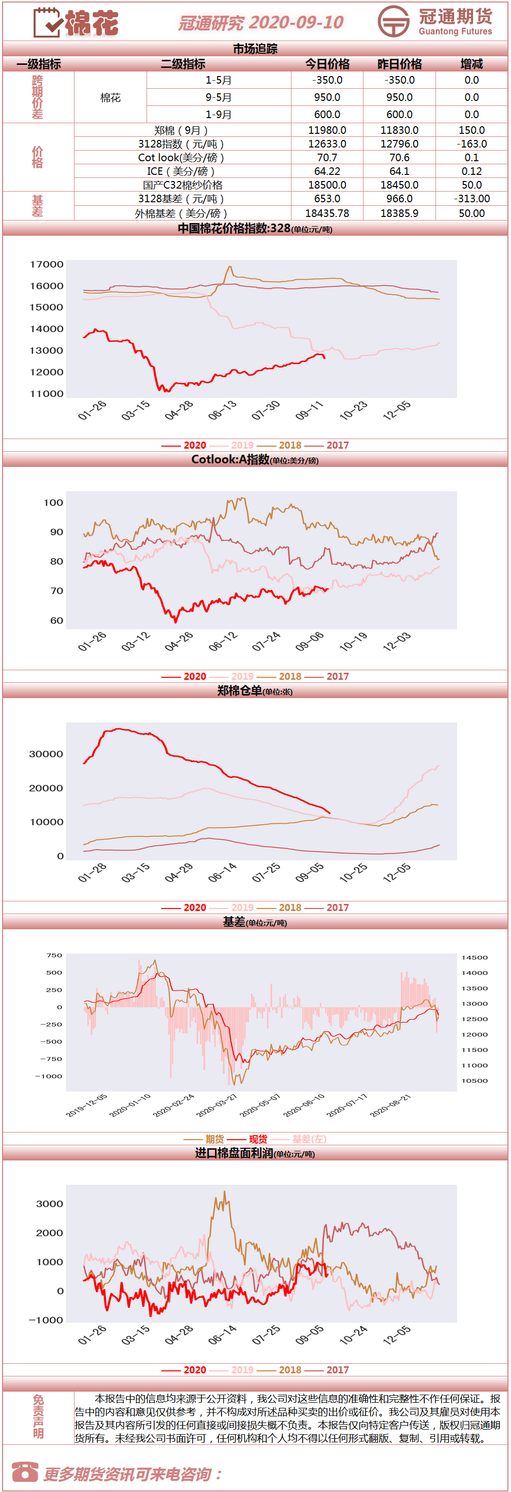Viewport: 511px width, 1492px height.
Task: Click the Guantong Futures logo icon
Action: pos(393,21)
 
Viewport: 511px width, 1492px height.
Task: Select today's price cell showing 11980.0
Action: pos(327,130)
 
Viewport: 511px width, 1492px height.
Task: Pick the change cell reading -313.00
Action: pos(471,199)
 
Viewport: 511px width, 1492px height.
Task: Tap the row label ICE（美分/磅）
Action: pos(182,171)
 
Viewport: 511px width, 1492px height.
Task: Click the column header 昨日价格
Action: pos(400,64)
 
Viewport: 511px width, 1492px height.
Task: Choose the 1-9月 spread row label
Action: pos(218,115)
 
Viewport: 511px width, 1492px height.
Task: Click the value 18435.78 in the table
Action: pos(327,213)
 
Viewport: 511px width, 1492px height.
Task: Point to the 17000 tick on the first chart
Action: pos(46,264)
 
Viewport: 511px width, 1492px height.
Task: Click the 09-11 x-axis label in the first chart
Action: pos(309,410)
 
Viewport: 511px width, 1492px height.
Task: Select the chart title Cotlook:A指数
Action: pos(231,459)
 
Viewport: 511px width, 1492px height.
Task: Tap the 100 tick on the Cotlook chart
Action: pos(53,502)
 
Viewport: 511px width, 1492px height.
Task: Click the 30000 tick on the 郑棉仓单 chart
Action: pos(46,753)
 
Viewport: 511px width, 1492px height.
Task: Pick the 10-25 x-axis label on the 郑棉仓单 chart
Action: pos(353,872)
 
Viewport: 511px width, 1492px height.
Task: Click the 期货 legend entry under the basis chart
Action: pos(215,1139)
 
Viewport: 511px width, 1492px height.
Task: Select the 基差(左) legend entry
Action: pos(309,1139)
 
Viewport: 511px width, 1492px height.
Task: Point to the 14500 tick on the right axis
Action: pos(474,958)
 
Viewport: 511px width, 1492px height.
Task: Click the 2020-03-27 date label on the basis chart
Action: pos(216,1105)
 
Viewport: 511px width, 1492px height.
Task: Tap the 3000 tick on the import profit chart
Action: pos(50,1204)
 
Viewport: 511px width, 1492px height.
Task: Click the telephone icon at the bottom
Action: pos(25,1472)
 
